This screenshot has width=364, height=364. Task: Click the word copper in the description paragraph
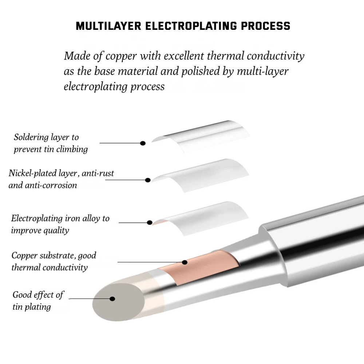121,56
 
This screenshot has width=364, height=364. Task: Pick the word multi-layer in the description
262,71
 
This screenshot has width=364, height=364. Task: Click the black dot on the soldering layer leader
143,143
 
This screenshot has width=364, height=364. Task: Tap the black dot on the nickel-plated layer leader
148,180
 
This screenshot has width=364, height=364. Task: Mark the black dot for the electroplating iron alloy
149,222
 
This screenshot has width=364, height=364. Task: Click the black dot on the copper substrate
185,262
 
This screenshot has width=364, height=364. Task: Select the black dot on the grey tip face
112,299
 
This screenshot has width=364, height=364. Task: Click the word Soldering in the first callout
31,137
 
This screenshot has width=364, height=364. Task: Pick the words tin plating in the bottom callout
32,307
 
